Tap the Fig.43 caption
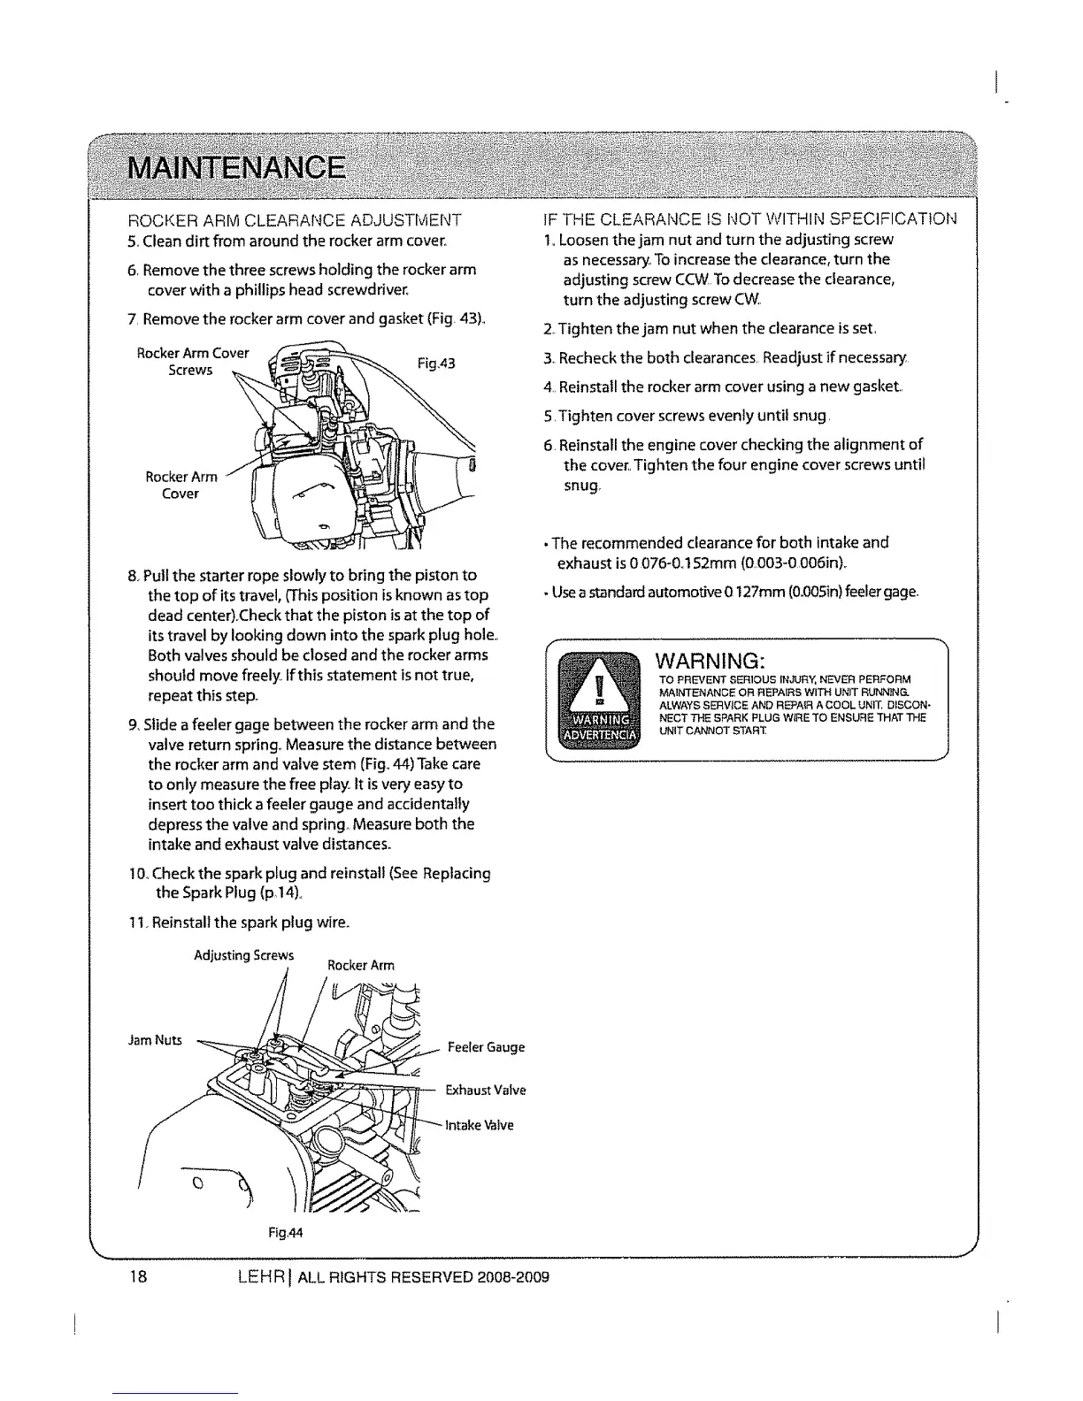[435, 363]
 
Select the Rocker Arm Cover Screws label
[192, 362]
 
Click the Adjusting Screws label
[243, 955]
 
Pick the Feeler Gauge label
[486, 1047]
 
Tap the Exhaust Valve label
[485, 1090]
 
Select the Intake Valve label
[485, 1125]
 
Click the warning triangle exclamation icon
[601, 687]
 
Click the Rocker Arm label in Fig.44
[361, 965]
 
